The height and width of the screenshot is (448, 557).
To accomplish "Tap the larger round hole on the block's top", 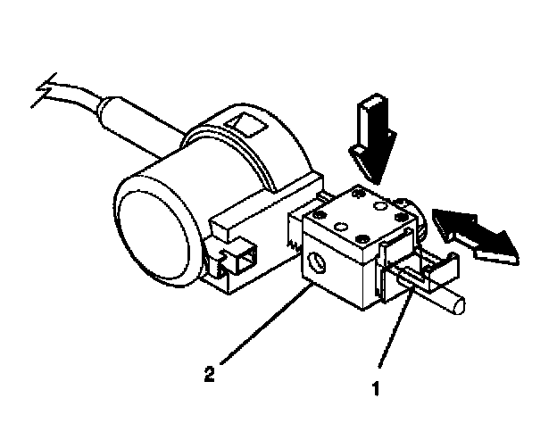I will (378, 205).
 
